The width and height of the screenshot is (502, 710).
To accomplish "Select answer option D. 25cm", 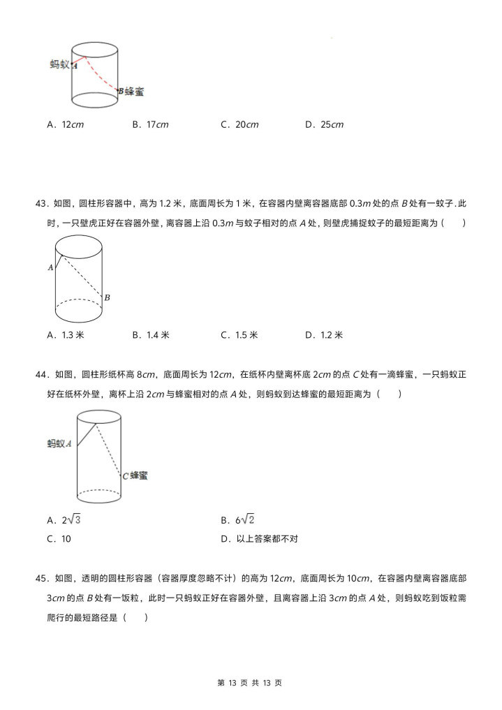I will pos(325,125).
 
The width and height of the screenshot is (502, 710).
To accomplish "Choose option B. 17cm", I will pos(151,125).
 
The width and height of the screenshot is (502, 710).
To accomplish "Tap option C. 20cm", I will pos(239,125).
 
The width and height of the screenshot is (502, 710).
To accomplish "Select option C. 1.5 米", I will pos(239,335).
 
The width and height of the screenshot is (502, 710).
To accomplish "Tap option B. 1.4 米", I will pos(151,335).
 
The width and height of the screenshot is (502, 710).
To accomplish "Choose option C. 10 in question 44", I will pos(59,539).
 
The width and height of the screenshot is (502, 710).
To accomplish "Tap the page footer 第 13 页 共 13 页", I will pos(251,682).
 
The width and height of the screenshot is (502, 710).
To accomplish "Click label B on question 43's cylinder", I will pos(107,298).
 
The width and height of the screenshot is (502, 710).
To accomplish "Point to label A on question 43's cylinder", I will pos(50,267).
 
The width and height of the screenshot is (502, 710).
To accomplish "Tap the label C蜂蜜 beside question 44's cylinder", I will pos(135,475).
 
